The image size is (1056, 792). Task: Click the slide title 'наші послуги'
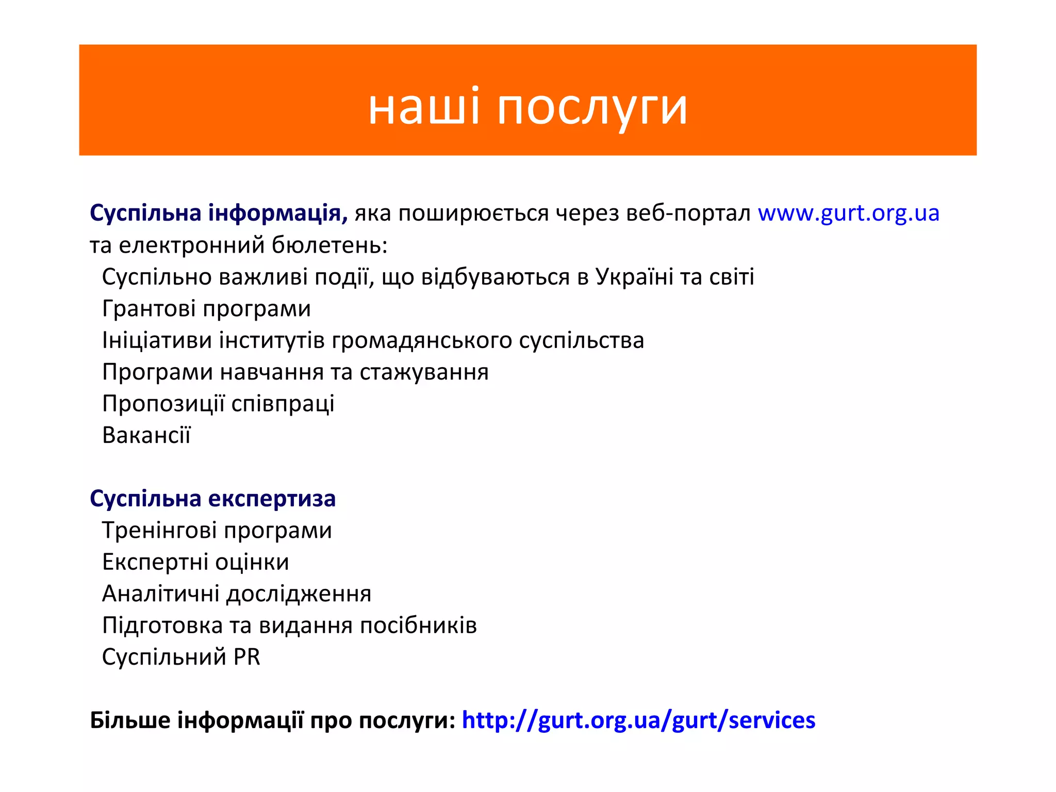527,107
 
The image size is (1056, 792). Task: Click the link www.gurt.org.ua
848,213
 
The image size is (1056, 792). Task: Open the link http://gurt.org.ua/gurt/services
638,720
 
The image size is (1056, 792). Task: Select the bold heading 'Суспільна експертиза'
212,499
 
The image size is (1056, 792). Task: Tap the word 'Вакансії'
146,435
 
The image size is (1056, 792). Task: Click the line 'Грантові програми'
206,309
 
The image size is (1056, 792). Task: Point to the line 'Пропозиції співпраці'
218,404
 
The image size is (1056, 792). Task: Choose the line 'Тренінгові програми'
217,531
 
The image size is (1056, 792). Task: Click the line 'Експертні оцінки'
195,562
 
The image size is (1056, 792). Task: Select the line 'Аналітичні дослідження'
237,593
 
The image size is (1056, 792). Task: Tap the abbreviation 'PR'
246,657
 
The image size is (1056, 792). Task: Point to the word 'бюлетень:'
329,245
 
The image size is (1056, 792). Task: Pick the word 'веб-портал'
688,213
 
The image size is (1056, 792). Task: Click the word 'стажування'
424,372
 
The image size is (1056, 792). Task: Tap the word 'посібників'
418,625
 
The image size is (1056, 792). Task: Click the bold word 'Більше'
130,720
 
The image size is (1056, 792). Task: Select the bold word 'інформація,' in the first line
278,213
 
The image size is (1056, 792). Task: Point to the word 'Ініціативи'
157,340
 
